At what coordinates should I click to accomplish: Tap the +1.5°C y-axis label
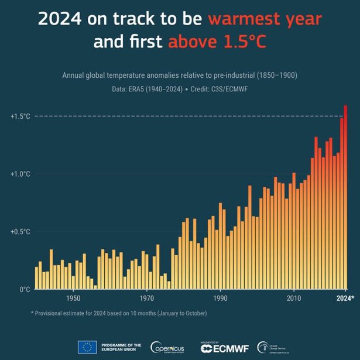[20, 116]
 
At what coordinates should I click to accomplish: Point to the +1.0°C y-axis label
[20, 174]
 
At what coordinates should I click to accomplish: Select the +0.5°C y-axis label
[20, 231]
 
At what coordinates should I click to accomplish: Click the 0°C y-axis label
[23, 289]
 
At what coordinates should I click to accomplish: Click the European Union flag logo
[87, 347]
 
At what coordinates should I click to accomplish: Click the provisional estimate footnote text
[119, 313]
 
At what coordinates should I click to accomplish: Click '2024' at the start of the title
[60, 19]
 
